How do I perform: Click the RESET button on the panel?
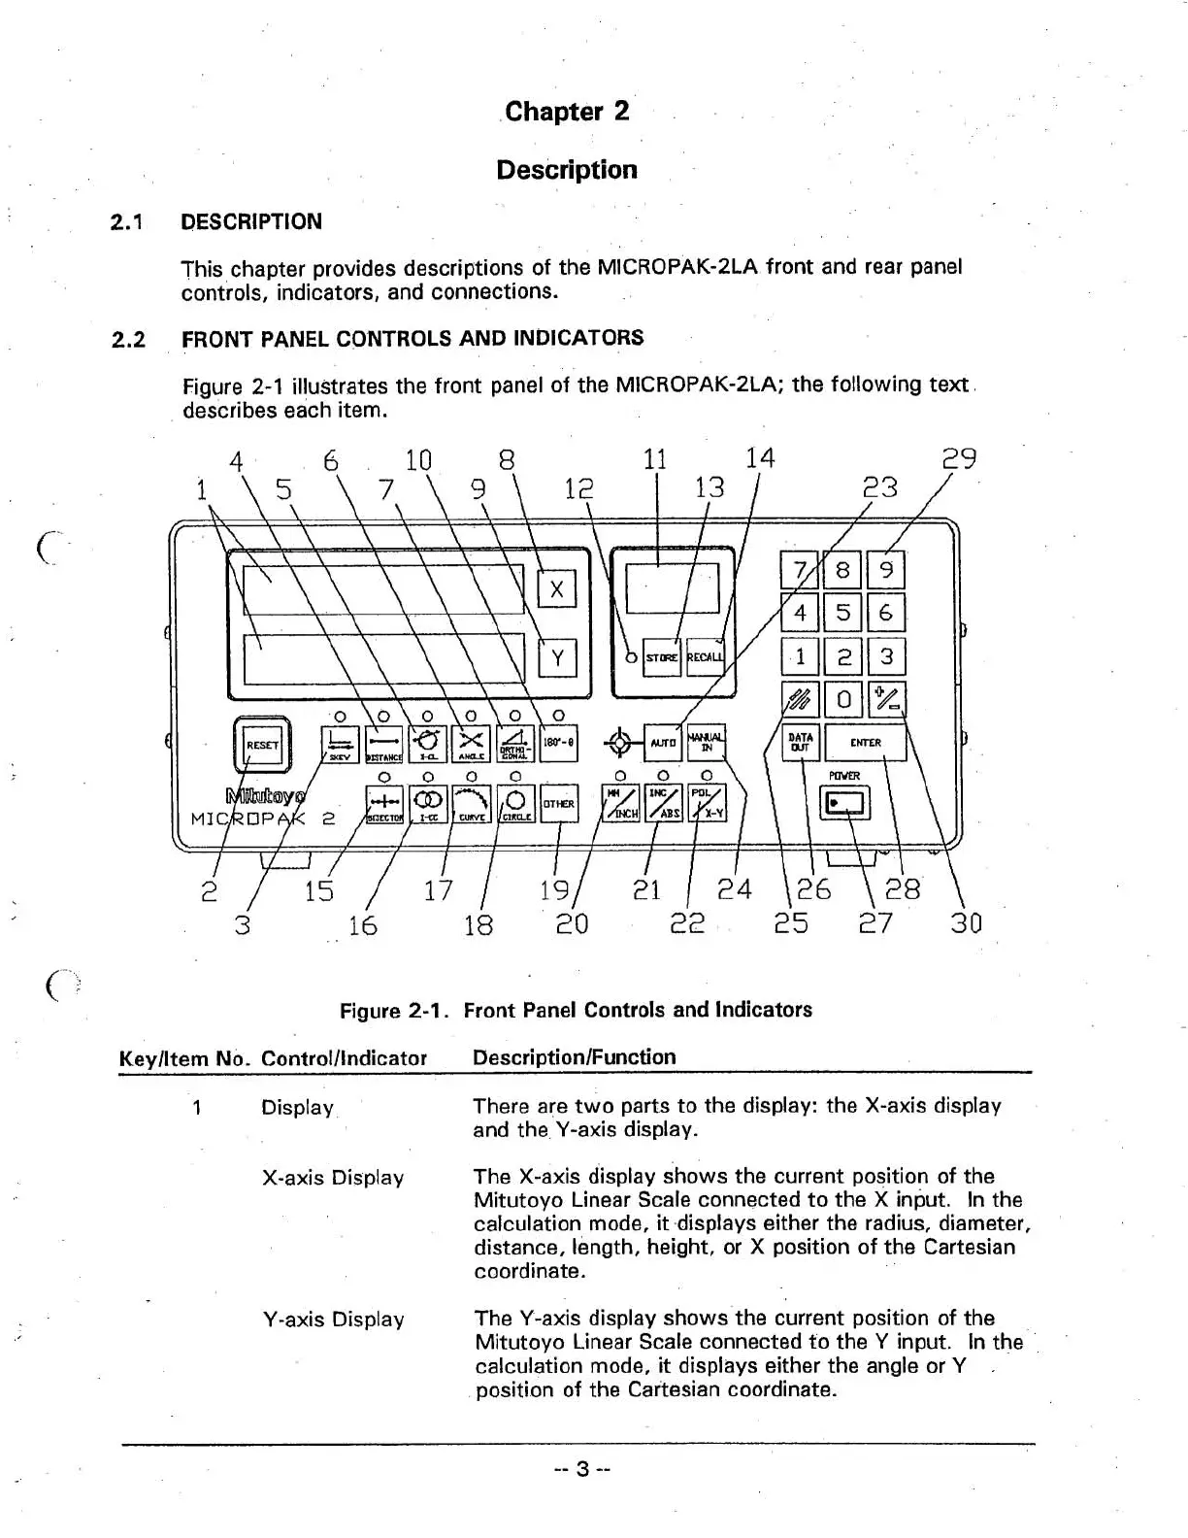pos(261,745)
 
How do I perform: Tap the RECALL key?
pos(706,656)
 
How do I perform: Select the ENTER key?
pos(865,743)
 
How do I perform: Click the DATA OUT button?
pos(801,743)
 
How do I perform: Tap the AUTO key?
pos(664,743)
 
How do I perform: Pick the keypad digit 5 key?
pos(842,613)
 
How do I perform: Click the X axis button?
pos(557,588)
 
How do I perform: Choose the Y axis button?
pos(557,658)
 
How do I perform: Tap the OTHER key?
pos(558,804)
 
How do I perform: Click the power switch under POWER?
pos(845,803)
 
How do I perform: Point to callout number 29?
pos(959,458)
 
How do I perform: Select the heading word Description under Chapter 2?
pos(567,170)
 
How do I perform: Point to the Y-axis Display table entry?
pos(333,1320)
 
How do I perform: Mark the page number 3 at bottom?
pos(580,1469)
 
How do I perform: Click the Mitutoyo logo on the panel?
pos(264,796)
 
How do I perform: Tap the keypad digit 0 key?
pos(843,699)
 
